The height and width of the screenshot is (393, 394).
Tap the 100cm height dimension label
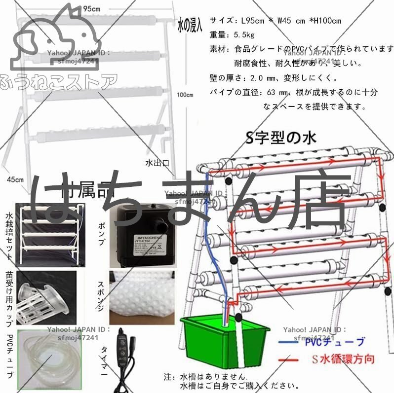(185, 95)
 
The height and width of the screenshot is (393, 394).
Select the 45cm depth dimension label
(15, 179)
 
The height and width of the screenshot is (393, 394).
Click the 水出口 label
(157, 162)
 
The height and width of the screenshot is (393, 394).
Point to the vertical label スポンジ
(102, 295)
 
